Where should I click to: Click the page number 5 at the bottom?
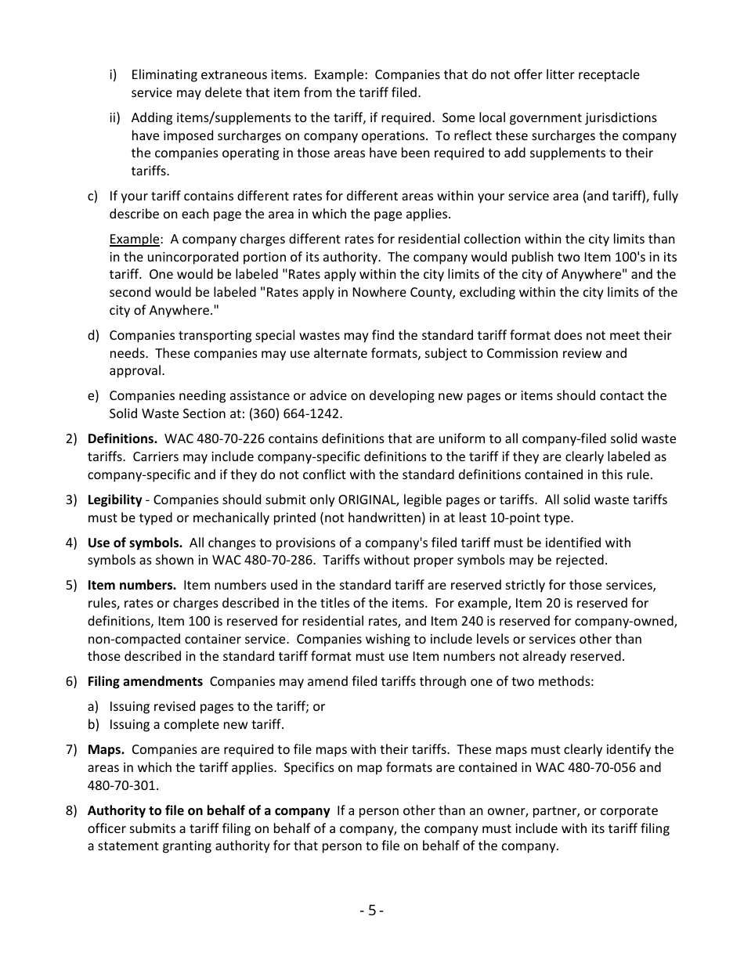click(x=371, y=910)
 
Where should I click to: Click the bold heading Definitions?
click(x=122, y=438)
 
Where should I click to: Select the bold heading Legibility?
click(x=114, y=500)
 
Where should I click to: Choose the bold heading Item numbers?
click(x=132, y=585)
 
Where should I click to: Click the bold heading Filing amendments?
click(x=145, y=681)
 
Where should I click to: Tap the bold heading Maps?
click(x=106, y=749)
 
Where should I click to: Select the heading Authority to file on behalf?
click(x=208, y=810)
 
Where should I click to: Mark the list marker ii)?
click(x=115, y=117)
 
